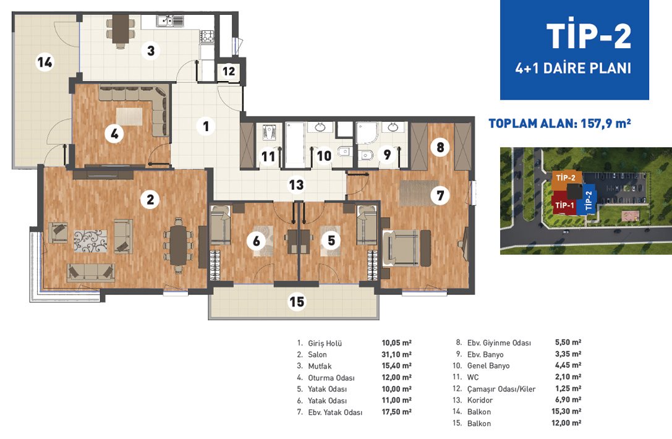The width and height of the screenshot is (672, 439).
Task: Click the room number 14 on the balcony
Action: [x=45, y=62]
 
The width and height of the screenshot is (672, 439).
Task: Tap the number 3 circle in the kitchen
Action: [x=150, y=51]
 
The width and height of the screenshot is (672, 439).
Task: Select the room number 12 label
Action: [x=229, y=71]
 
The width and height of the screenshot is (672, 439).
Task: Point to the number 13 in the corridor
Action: [x=296, y=185]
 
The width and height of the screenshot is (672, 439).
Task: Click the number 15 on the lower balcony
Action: [x=297, y=302]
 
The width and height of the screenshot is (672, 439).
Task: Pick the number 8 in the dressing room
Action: [x=440, y=147]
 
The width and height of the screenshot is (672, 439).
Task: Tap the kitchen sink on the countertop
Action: [x=170, y=20]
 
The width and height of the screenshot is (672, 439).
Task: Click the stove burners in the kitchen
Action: [x=208, y=36]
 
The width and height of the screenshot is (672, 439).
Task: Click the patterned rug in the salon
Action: [x=90, y=241]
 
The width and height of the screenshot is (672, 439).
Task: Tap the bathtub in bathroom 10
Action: [x=295, y=145]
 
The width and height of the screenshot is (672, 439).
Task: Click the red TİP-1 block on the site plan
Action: [x=564, y=204]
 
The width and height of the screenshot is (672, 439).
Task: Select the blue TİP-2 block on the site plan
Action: [x=587, y=199]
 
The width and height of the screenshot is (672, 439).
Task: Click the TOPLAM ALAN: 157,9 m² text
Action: [x=559, y=124]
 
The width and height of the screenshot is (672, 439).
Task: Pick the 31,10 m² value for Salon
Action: [x=396, y=354]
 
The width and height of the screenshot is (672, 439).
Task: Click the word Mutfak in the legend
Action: [x=320, y=366]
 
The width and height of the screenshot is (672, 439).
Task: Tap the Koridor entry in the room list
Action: [x=480, y=400]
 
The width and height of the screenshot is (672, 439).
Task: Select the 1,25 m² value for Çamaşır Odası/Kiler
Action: [x=568, y=388]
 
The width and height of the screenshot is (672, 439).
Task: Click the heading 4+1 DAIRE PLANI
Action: [x=573, y=68]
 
